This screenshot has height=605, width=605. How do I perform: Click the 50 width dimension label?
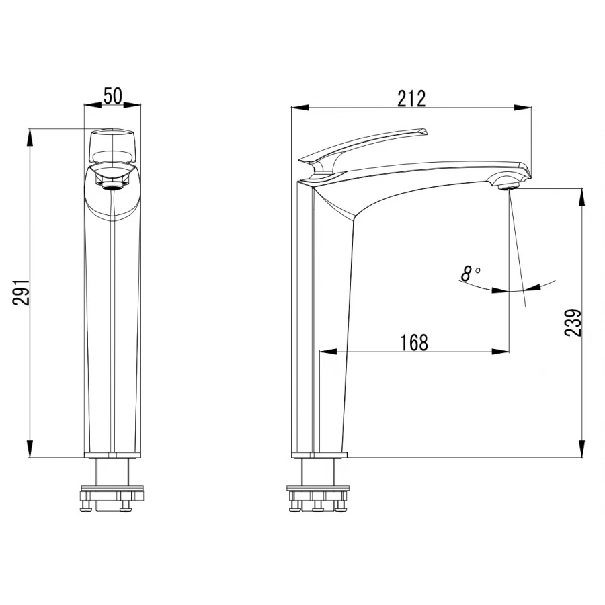tap(113, 95)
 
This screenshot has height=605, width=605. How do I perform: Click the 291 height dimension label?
tap(21, 292)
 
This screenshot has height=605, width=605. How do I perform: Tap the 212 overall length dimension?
tap(411, 98)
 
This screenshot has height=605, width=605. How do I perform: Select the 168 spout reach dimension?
tap(414, 342)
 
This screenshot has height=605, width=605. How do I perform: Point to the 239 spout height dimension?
tap(573, 323)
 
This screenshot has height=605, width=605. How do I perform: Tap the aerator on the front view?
tap(112, 186)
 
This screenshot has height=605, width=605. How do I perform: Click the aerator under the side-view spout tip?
tap(508, 187)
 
